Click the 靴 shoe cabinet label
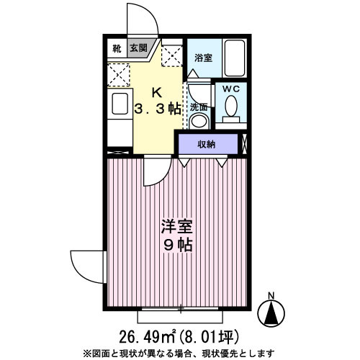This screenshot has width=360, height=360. (117, 49)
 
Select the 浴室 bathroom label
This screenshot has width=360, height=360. (204, 58)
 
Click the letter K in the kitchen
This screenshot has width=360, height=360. (157, 92)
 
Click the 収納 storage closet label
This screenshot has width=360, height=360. (207, 145)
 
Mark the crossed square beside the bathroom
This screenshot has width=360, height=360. (173, 54)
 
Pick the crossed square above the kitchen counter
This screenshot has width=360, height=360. (118, 74)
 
